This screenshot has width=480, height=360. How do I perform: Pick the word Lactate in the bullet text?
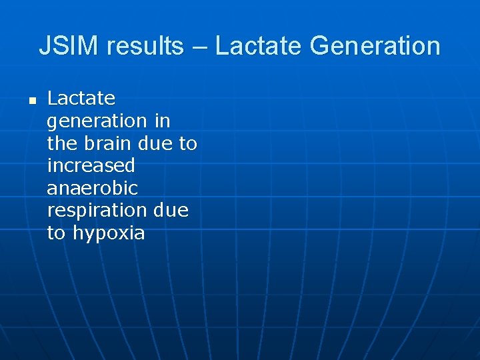click(81, 99)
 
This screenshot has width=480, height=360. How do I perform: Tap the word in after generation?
click(163, 121)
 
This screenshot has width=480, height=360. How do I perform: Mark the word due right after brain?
click(158, 143)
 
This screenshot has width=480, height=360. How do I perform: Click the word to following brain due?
click(189, 143)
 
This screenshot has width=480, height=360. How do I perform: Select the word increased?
click(91, 165)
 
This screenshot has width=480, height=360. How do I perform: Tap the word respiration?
click(97, 211)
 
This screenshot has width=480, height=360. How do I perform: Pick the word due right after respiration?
click(171, 211)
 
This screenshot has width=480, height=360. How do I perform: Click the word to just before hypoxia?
click(57, 233)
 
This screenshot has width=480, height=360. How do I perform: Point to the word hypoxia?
click(109, 234)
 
